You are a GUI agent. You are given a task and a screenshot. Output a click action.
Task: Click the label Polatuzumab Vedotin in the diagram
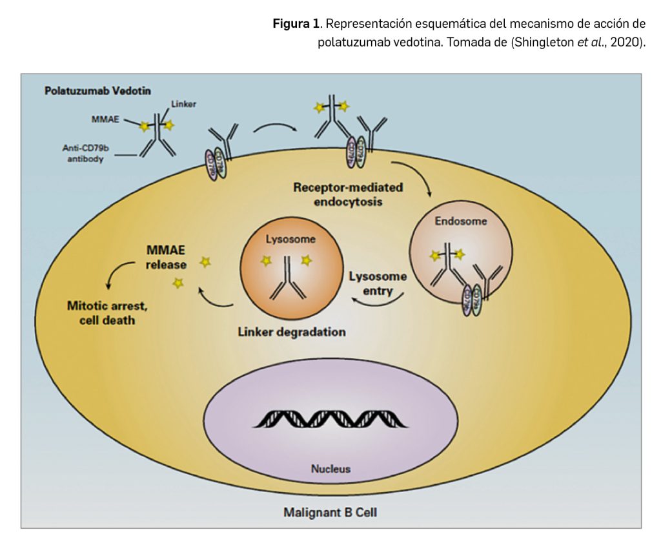pyautogui.click(x=97, y=91)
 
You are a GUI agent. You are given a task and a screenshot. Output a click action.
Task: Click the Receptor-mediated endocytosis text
pyautogui.click(x=348, y=194)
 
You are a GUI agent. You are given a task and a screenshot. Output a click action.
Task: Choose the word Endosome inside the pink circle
pyautogui.click(x=461, y=221)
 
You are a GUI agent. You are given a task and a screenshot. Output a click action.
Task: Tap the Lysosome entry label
pyautogui.click(x=378, y=283)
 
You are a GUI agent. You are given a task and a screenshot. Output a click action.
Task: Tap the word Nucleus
pyautogui.click(x=330, y=469)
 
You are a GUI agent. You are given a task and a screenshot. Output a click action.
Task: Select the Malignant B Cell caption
pyautogui.click(x=330, y=513)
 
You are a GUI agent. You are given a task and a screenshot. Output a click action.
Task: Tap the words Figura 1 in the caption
pyautogui.click(x=296, y=24)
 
